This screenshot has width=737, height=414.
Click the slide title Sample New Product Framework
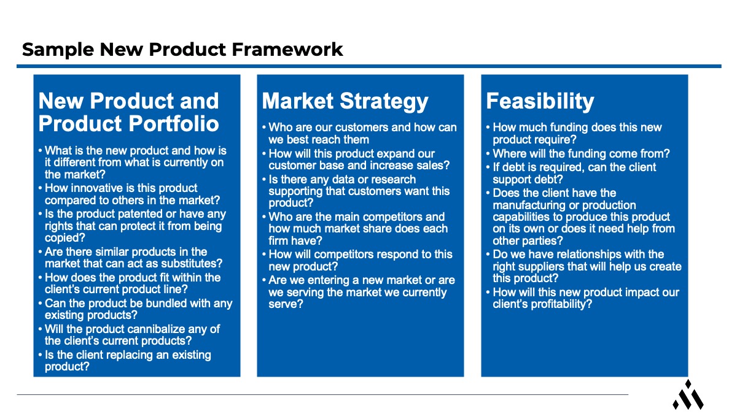coord(182,49)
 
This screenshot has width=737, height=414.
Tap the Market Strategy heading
coord(345,101)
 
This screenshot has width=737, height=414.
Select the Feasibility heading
coord(540,101)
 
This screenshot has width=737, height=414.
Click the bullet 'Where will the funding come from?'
coord(581,153)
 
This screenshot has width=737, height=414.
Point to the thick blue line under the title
coord(368,66)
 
